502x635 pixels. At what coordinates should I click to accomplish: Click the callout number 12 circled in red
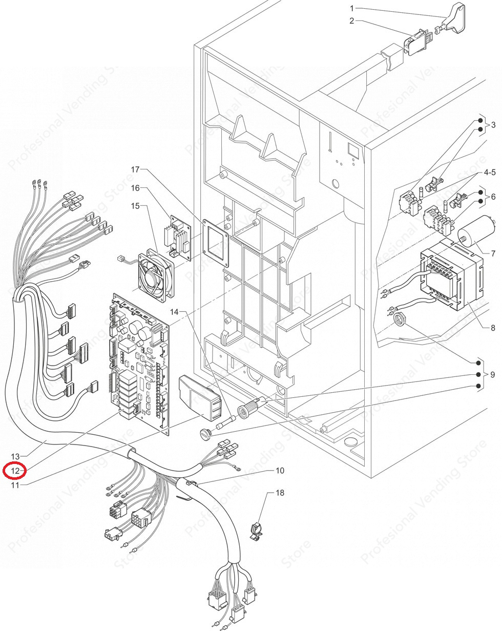coord(15,470)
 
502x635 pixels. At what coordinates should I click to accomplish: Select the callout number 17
coord(135,169)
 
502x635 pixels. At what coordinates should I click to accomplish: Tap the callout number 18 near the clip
coord(280,493)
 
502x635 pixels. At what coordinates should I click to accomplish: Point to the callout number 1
coord(352,8)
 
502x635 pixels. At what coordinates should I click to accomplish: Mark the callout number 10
coord(280,470)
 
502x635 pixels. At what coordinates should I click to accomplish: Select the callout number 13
coord(15,456)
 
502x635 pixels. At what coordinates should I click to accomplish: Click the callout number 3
coord(493,125)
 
